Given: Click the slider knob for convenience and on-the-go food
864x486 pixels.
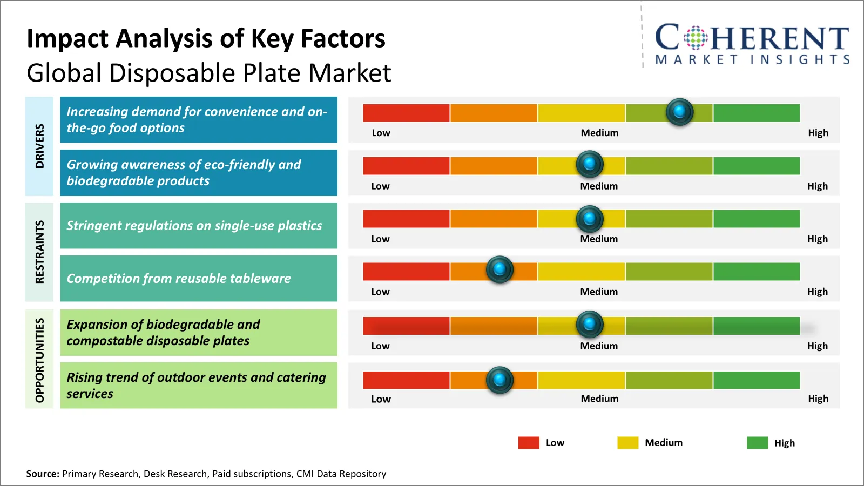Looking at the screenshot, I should click(x=679, y=112).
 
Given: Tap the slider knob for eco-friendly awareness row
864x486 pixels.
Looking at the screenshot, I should click(x=590, y=164).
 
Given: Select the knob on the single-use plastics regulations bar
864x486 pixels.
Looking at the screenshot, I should click(x=590, y=219).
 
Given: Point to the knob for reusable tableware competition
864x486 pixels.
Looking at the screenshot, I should click(x=500, y=269).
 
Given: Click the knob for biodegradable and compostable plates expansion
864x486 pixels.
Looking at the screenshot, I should click(x=590, y=324).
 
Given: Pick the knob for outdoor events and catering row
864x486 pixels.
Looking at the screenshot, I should click(x=500, y=380).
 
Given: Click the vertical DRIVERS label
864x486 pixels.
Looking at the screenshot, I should click(x=39, y=146).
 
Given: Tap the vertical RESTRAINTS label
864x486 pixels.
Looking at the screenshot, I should click(x=39, y=252).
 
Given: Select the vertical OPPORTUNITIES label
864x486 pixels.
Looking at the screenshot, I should click(x=39, y=360).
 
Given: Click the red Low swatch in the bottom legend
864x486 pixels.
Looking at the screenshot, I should click(x=529, y=443).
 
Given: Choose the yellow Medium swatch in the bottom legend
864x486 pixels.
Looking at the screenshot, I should click(x=627, y=443).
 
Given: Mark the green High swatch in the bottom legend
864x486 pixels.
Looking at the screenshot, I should click(x=757, y=443).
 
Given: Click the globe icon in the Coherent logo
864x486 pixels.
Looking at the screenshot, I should click(x=696, y=38).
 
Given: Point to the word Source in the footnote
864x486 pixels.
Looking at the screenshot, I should click(x=42, y=474).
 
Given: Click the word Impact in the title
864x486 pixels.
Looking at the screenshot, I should click(x=67, y=39).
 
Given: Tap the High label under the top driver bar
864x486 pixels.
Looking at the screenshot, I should click(x=818, y=133).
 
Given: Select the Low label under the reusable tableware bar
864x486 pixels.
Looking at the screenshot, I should click(x=380, y=292).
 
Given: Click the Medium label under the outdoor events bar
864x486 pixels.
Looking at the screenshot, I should click(x=599, y=399).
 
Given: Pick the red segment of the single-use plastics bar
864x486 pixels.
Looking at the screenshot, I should click(x=406, y=219).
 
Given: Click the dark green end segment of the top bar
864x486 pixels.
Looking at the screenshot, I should click(x=756, y=113).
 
